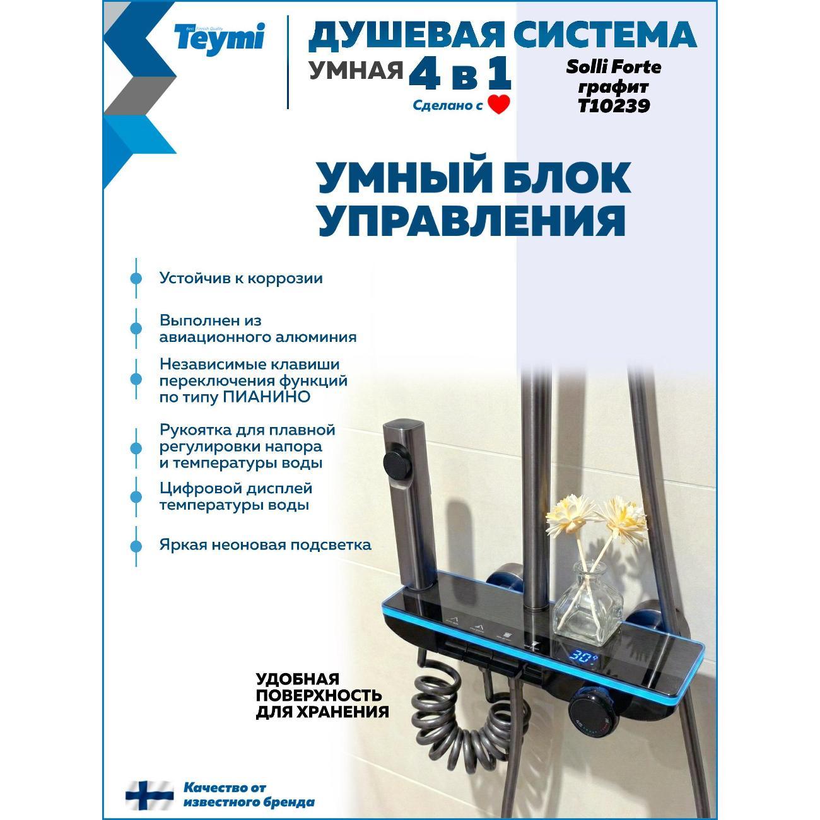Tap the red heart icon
498,104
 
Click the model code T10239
613,106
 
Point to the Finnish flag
149,795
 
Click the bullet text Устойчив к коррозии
241,278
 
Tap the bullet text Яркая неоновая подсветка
265,544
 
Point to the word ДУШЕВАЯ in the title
406,35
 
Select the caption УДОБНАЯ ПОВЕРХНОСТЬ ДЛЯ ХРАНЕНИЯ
322,696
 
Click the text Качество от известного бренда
249,795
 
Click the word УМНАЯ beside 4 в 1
356,71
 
